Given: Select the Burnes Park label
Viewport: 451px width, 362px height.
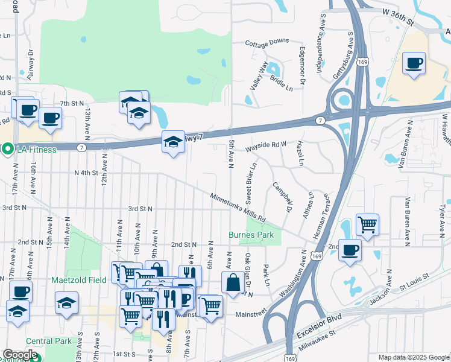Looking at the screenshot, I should (x=251, y=235).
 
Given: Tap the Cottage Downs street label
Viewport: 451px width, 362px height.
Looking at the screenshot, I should (x=267, y=43).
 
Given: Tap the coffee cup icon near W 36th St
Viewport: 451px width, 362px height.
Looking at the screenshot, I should (x=414, y=63).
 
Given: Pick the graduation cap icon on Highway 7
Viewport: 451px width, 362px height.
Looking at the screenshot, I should (x=172, y=142).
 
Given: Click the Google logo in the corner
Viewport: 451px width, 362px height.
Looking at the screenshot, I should (x=20, y=355).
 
